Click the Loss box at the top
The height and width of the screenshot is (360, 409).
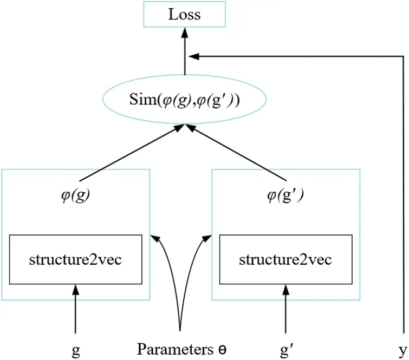(x=184, y=15)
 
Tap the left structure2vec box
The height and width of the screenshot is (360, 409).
(x=75, y=259)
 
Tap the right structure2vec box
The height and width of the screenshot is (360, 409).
(x=285, y=259)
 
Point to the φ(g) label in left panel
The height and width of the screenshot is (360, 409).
(x=75, y=196)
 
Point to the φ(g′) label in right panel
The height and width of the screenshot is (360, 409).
(x=285, y=196)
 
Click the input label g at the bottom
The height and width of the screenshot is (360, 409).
(x=76, y=350)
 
